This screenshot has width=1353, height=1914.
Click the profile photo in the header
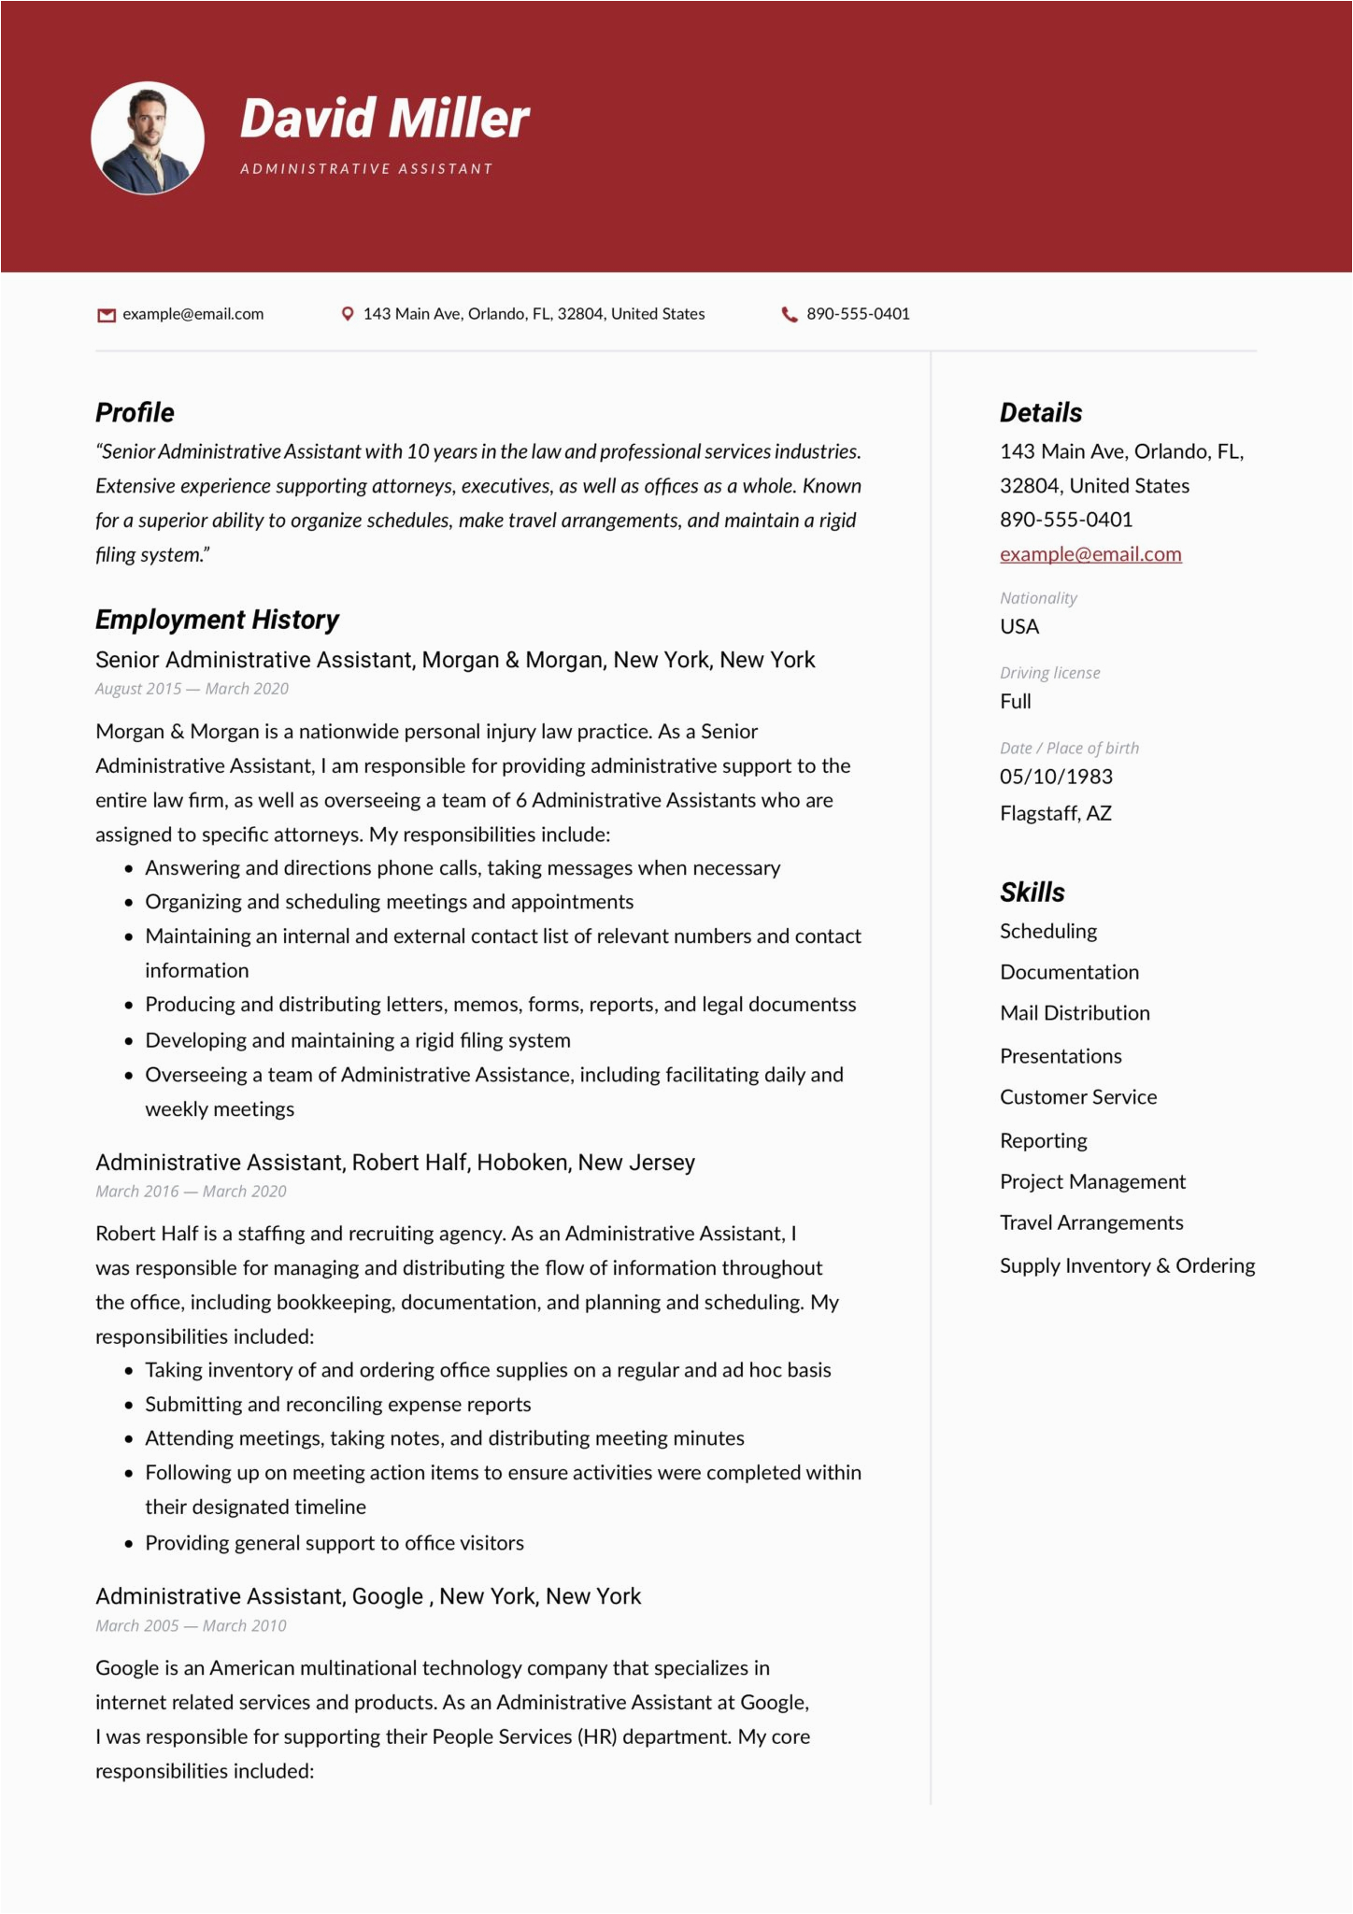(148, 138)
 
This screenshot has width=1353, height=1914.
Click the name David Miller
(384, 120)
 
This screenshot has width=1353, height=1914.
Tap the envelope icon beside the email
(107, 315)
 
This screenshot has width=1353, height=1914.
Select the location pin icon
(348, 314)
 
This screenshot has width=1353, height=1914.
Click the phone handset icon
(790, 314)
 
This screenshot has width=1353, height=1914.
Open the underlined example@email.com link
(1090, 554)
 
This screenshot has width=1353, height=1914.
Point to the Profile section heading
(135, 412)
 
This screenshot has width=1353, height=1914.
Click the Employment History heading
(217, 620)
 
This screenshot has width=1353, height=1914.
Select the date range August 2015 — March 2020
(192, 689)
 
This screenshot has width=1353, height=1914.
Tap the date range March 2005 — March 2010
(191, 1625)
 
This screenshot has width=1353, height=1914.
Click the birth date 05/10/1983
(1056, 777)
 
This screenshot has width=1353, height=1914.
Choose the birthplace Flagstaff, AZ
(1056, 813)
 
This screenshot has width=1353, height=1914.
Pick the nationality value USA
(1019, 626)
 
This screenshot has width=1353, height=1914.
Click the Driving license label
(1049, 673)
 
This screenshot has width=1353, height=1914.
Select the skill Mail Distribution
(1075, 1013)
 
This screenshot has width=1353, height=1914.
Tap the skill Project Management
(1092, 1181)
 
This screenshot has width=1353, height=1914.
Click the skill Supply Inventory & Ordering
(1127, 1265)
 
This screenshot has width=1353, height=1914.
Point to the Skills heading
(1032, 893)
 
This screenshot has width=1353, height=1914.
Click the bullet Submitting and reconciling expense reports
(337, 1405)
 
